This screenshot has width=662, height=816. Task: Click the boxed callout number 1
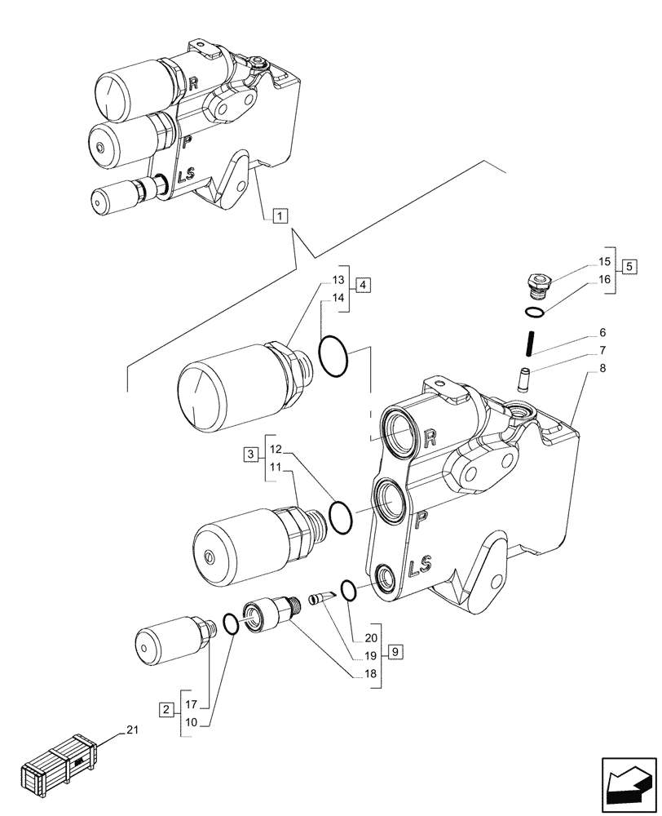pyautogui.click(x=279, y=216)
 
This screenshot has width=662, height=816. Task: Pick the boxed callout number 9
pyautogui.click(x=395, y=651)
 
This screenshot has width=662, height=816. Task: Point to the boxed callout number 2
pyautogui.click(x=166, y=708)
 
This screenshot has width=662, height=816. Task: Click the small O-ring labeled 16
pyautogui.click(x=533, y=314)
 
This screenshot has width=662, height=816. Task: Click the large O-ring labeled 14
pyautogui.click(x=333, y=357)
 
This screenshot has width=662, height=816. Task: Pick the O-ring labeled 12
pyautogui.click(x=341, y=516)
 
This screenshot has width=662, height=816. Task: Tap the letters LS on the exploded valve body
pyautogui.click(x=421, y=565)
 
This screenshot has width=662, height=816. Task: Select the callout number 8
pyautogui.click(x=602, y=368)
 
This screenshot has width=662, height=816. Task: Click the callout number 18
pyautogui.click(x=371, y=675)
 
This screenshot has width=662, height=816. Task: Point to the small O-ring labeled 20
pyautogui.click(x=347, y=590)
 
